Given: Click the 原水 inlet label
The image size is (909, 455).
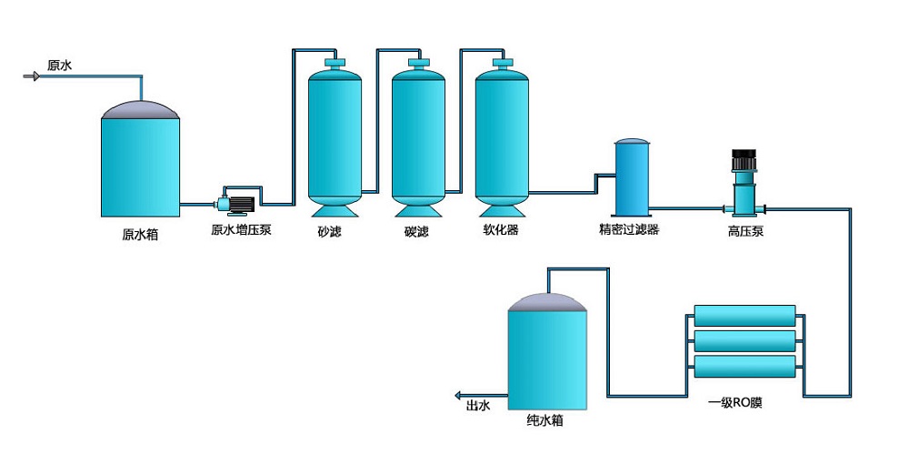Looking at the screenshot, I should point(60,66).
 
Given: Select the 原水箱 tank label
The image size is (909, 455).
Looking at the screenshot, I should point(140,234).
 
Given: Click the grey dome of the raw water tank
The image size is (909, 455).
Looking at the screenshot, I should point(140,110).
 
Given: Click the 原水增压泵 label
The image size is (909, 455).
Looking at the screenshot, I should point(241,230).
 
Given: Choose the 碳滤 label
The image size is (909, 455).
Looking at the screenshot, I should point(416,231).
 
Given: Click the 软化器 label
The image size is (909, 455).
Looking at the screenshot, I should point(501,230).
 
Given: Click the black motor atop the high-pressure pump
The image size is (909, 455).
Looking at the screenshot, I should point(744,161).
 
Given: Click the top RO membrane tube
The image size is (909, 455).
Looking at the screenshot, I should point(744,316).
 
